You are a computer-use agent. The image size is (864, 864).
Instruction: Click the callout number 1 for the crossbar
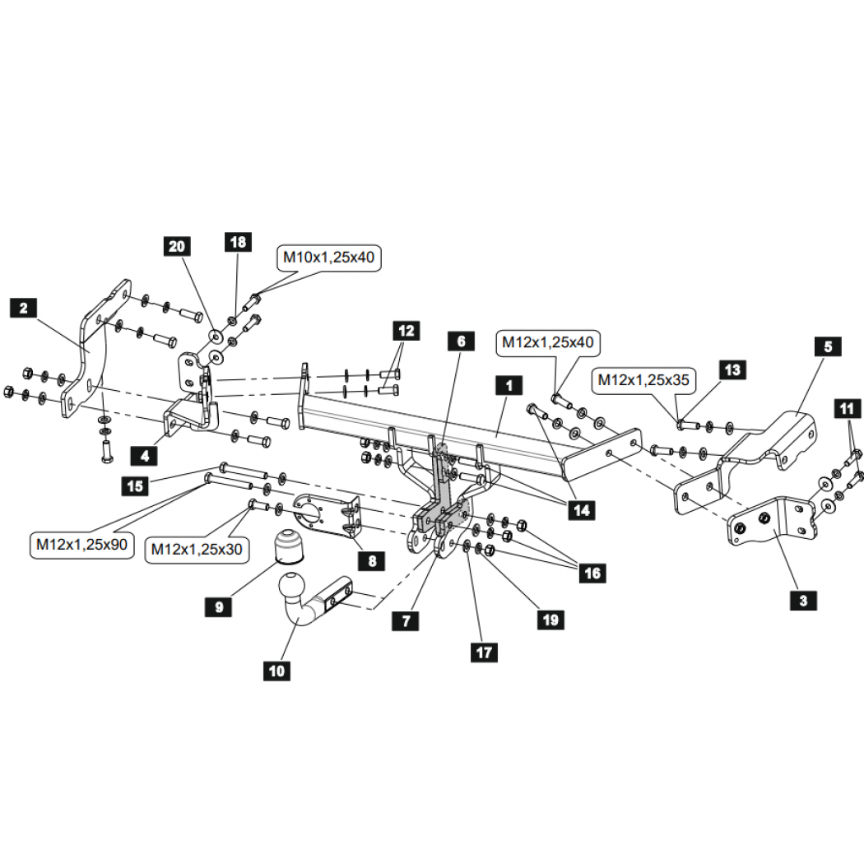pos(509,386)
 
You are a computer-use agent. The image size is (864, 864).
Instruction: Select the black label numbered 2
pos(24,308)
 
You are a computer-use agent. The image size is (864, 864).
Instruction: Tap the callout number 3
pos(803,601)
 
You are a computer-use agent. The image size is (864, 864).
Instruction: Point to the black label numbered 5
pos(828,347)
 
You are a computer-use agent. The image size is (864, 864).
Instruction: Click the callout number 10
pos(276,671)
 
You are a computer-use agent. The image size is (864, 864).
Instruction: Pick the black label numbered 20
pos(177,246)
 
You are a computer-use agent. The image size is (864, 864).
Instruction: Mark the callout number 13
pos(733,369)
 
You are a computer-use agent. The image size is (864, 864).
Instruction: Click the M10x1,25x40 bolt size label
pos(328,258)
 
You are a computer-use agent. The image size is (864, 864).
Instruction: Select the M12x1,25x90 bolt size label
pos(82,545)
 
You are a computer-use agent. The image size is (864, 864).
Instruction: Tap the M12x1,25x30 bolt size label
pos(197,550)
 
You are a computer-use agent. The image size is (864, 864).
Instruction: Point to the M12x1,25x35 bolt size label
pos(643,380)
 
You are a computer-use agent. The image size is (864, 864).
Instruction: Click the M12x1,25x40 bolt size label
pos(548,343)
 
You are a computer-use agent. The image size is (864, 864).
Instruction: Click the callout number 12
pos(406,331)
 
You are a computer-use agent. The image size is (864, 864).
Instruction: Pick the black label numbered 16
pos(592,573)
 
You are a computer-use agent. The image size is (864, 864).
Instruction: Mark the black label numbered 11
pos(847,409)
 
